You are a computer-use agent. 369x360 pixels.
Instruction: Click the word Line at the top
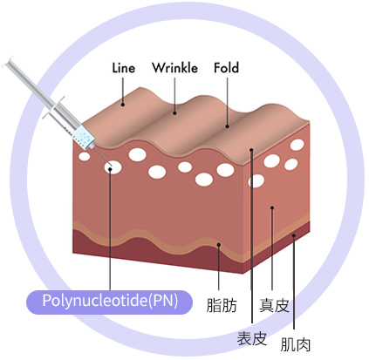click(x=124, y=68)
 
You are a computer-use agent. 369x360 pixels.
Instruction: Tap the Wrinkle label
click(x=174, y=68)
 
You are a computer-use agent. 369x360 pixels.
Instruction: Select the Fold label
click(x=227, y=68)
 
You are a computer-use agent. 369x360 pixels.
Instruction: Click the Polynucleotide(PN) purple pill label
click(x=110, y=302)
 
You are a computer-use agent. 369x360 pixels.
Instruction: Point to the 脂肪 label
click(x=222, y=305)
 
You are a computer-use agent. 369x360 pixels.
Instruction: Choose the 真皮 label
click(x=274, y=305)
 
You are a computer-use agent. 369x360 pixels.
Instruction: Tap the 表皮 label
click(x=252, y=338)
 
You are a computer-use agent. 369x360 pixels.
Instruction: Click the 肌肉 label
click(x=296, y=344)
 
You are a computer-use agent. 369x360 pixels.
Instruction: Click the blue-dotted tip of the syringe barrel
click(x=85, y=136)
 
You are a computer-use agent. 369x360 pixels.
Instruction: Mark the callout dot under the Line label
click(x=123, y=105)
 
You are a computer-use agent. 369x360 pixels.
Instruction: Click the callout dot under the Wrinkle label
click(x=174, y=113)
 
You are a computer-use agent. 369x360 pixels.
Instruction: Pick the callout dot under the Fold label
click(x=227, y=126)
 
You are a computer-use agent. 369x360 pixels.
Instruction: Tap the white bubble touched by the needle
click(x=113, y=167)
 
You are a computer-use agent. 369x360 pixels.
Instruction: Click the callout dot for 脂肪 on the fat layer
click(x=219, y=245)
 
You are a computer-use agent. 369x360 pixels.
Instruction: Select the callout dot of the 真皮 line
click(x=272, y=207)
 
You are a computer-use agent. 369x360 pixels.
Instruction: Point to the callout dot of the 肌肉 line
click(x=294, y=235)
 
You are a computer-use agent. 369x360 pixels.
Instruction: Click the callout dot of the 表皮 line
click(x=251, y=150)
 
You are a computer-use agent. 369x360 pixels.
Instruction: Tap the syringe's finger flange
click(x=53, y=108)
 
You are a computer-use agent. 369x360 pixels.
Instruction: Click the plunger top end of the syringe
click(x=8, y=62)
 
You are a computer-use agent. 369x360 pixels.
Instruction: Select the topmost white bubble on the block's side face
click(x=297, y=145)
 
